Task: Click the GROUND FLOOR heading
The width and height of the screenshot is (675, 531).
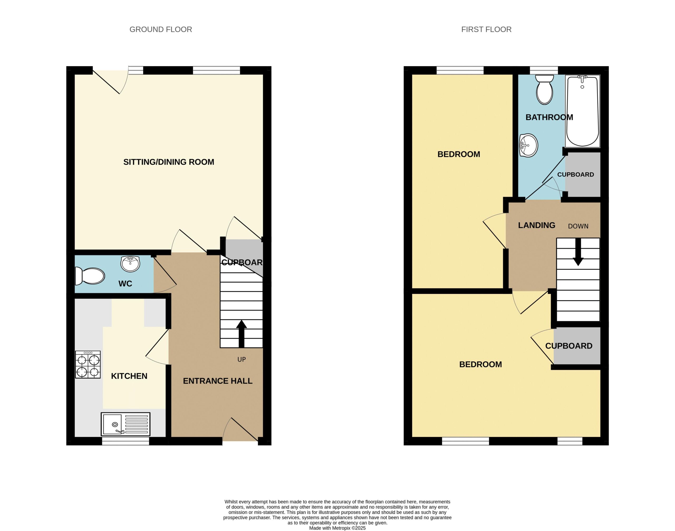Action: tap(161, 30)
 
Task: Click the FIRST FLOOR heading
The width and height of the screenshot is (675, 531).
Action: tap(486, 30)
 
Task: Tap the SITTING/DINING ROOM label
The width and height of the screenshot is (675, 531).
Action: tap(168, 162)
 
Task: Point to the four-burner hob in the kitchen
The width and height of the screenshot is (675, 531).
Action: tap(88, 364)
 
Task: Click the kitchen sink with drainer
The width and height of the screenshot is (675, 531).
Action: tap(125, 424)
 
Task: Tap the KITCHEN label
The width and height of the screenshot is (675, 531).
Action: tap(129, 376)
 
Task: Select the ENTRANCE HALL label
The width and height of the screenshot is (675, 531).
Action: tap(218, 381)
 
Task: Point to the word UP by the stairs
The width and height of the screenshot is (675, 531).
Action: tap(241, 359)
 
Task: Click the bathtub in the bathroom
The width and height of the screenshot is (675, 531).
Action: tap(582, 111)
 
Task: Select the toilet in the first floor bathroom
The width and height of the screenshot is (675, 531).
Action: tap(544, 89)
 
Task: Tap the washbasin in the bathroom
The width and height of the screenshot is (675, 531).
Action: tap(528, 145)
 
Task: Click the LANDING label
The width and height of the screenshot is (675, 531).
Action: tap(537, 225)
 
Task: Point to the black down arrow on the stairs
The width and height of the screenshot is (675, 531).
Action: tap(578, 252)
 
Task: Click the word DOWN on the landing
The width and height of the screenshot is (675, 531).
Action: tap(578, 226)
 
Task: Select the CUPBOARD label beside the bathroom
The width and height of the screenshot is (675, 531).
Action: tap(575, 174)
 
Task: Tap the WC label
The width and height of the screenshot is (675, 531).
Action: tap(125, 284)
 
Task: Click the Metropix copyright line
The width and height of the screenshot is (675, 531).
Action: tap(337, 528)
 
